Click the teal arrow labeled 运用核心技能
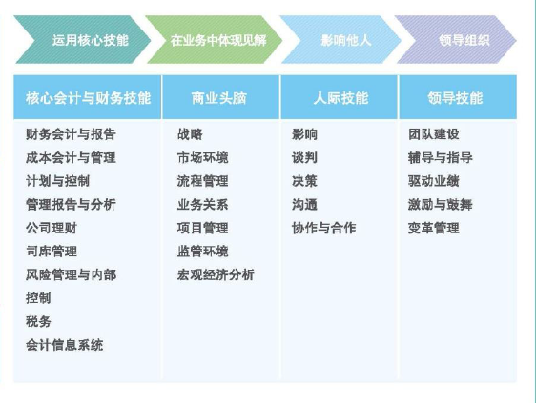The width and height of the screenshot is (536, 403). [x=82, y=40]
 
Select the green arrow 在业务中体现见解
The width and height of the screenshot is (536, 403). [x=215, y=40]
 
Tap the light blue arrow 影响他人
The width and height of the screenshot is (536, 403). [x=340, y=40]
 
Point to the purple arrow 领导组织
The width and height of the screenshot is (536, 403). [x=456, y=40]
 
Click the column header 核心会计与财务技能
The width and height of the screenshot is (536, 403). [x=87, y=97]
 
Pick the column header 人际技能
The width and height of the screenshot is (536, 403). [x=340, y=97]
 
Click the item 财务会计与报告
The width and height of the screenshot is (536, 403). [x=71, y=134]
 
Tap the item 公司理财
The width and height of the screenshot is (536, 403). [x=52, y=228]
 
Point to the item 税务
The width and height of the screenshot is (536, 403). [x=38, y=321]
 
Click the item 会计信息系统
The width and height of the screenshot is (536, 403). [x=64, y=345]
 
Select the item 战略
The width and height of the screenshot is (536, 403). [x=190, y=134]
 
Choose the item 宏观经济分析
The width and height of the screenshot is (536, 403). [x=216, y=274]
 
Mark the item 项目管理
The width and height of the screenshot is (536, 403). [x=203, y=228]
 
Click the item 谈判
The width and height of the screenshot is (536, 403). [x=304, y=158]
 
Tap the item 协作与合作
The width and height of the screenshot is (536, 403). [x=324, y=228]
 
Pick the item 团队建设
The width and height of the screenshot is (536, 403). [x=433, y=134]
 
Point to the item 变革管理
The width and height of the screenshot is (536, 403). [x=433, y=228]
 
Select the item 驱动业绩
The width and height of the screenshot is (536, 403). [x=433, y=181]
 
